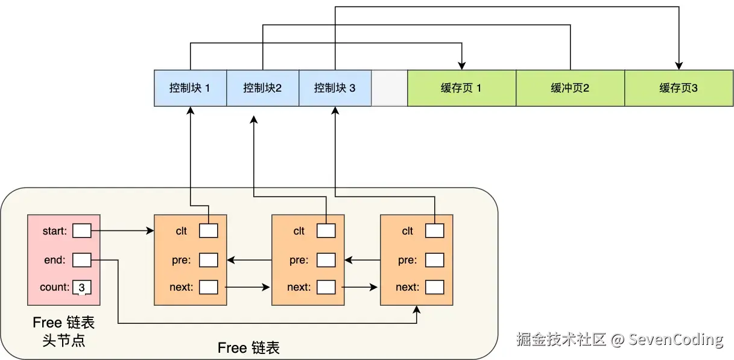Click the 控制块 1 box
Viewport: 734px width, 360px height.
pyautogui.click(x=191, y=88)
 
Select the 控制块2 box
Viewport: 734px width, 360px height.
pyautogui.click(x=262, y=88)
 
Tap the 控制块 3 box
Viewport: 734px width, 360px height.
pyautogui.click(x=335, y=88)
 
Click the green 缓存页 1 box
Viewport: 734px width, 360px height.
pyautogui.click(x=462, y=88)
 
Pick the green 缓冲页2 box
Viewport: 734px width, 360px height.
pyautogui.click(x=570, y=88)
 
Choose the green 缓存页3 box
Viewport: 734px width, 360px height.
pyautogui.click(x=679, y=88)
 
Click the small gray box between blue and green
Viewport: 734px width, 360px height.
pyautogui.click(x=389, y=88)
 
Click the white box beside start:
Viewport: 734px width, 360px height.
pyautogui.click(x=81, y=231)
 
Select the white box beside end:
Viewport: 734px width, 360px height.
pyautogui.click(x=81, y=260)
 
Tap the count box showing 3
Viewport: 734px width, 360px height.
pyautogui.click(x=81, y=287)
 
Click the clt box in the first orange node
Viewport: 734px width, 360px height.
pyautogui.click(x=209, y=231)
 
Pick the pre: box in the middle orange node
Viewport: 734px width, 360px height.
pyautogui.click(x=326, y=260)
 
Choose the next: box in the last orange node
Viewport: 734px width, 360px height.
pyautogui.click(x=434, y=287)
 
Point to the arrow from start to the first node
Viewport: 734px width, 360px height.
pyautogui.click(x=122, y=231)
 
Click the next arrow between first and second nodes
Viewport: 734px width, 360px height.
pyautogui.click(x=247, y=287)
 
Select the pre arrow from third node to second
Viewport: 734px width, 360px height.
pyautogui.click(x=362, y=260)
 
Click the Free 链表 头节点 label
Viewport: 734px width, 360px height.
pyautogui.click(x=63, y=332)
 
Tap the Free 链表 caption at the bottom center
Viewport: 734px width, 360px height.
pyautogui.click(x=248, y=348)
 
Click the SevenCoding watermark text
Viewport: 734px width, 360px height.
pyautogui.click(x=675, y=339)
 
